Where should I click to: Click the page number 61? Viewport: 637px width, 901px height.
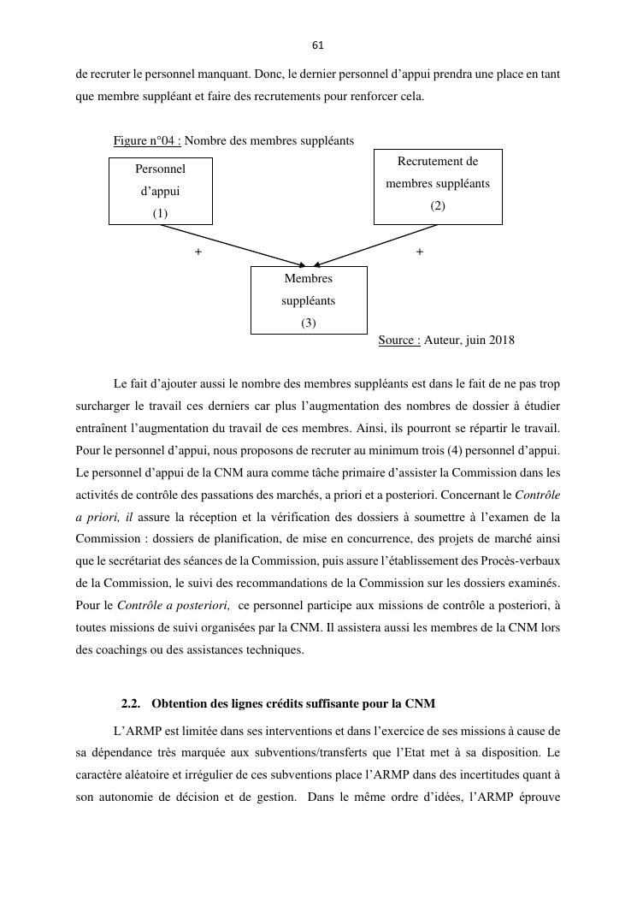point(318,45)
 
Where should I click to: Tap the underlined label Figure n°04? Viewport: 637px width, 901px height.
point(146,140)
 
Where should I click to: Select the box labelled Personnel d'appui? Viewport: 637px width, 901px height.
point(161,191)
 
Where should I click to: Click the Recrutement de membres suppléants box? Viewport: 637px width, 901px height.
point(438,186)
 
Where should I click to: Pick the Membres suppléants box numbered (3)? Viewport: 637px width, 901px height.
point(309,300)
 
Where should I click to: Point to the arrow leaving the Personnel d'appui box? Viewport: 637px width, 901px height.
point(231,245)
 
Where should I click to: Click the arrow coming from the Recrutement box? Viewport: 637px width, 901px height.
point(376,245)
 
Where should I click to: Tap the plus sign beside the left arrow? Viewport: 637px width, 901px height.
point(198,252)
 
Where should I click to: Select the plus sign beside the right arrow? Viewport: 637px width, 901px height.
point(419,252)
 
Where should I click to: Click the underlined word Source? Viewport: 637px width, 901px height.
point(398,341)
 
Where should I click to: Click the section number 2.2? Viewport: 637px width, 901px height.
point(131,704)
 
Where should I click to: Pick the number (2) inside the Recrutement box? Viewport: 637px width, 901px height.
point(438,206)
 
